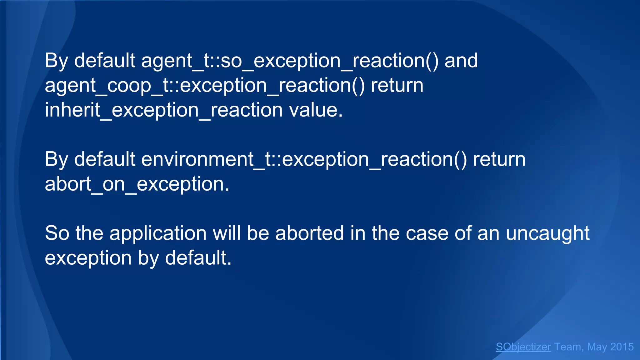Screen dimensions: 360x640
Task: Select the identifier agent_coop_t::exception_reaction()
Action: [x=205, y=85]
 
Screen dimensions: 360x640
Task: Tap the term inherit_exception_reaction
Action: [x=164, y=110]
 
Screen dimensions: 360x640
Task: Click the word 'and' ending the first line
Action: [x=461, y=61]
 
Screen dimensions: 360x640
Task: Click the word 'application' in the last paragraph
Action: [x=158, y=233]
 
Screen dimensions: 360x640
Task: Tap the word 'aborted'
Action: [x=309, y=233]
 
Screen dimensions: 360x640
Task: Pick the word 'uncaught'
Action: [x=547, y=233]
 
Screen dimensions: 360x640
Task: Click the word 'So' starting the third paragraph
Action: [x=57, y=233]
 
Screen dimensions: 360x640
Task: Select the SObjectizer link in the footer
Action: [x=523, y=347]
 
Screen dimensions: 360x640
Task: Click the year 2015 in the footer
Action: [x=622, y=347]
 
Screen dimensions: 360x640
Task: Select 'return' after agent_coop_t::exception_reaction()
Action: [x=397, y=85]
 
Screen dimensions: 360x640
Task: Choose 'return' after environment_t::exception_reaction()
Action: [x=499, y=159]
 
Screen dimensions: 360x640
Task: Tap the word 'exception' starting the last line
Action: [x=88, y=258]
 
